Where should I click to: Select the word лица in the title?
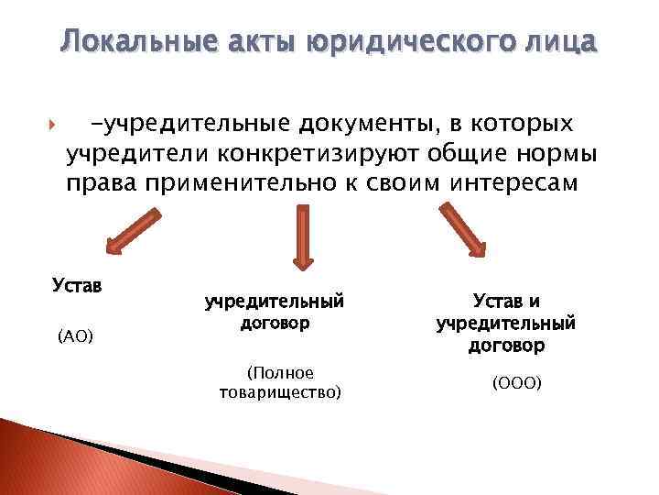pos(560,41)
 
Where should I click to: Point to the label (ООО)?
pos(517,381)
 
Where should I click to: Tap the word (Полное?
pos(280,373)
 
